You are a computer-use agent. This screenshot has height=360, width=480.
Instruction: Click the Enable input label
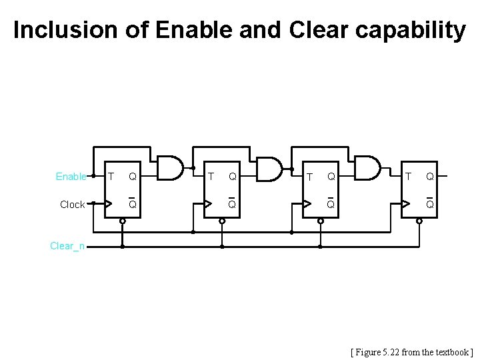click(x=71, y=177)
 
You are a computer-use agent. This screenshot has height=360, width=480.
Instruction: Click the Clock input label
click(x=72, y=205)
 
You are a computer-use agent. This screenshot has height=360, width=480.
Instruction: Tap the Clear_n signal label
click(x=67, y=246)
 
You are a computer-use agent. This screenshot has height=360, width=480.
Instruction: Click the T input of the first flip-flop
click(x=111, y=177)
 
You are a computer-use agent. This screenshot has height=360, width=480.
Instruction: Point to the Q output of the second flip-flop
click(x=232, y=177)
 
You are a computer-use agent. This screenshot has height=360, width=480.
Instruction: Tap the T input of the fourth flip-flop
click(x=408, y=177)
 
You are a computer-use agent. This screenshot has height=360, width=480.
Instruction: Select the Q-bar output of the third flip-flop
click(x=331, y=204)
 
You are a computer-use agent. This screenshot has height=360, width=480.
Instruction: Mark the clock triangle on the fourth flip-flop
click(x=405, y=204)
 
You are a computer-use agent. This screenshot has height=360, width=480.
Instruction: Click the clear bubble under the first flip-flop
click(x=122, y=221)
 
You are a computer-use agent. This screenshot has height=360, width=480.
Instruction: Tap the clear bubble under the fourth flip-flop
click(x=419, y=221)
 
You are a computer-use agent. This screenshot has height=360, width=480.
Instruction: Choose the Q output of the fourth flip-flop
click(x=430, y=177)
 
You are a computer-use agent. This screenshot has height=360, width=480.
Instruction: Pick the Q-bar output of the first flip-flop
click(x=133, y=204)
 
